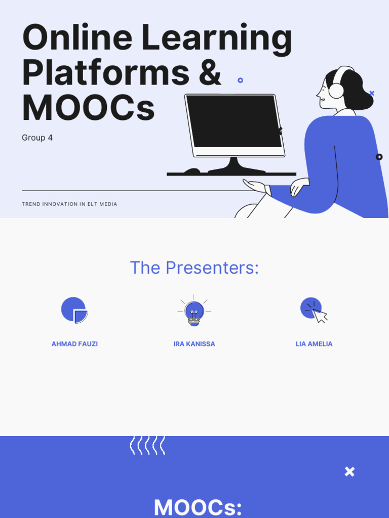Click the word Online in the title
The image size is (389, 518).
coord(76,38)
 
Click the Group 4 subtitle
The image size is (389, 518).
coord(37,138)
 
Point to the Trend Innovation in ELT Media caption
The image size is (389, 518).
coord(69,204)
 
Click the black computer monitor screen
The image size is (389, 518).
coord(234,121)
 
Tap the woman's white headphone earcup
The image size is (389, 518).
coord(336,91)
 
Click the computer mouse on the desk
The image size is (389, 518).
coord(192,171)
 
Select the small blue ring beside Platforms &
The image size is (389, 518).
coord(240,80)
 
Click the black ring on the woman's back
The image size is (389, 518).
coord(379,157)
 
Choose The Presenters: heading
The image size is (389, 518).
coord(194,268)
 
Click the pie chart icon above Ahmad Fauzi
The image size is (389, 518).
coord(74,310)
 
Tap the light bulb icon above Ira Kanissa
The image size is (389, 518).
coord(194,311)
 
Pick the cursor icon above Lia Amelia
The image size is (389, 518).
coord(314,310)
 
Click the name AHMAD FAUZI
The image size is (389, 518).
coord(74,344)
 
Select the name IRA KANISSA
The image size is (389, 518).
coord(194,344)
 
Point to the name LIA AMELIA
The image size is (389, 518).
coord(314,344)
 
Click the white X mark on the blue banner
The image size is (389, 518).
coord(349,471)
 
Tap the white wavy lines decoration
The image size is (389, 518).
coord(147,445)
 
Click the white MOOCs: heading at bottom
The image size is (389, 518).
coord(198,507)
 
